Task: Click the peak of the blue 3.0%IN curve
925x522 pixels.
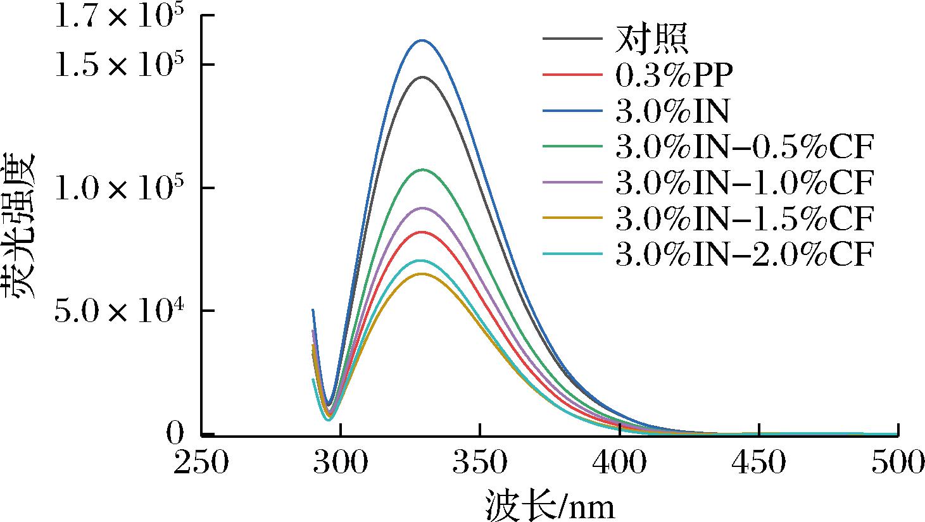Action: (x=422, y=40)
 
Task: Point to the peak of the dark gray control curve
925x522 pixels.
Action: (x=422, y=77)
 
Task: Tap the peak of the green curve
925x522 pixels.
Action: (x=422, y=170)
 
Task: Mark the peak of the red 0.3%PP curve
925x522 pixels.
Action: (x=422, y=232)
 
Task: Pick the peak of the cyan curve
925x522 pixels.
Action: (x=421, y=261)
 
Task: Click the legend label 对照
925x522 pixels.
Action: (x=651, y=39)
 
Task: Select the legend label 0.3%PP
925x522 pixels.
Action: (x=674, y=75)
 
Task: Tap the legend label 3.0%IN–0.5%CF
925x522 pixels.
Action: (x=745, y=147)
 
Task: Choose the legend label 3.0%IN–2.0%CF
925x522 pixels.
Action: (x=745, y=254)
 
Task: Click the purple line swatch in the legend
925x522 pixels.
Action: (x=572, y=182)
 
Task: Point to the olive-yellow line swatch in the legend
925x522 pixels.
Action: (x=572, y=218)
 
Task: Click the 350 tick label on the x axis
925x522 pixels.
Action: (x=480, y=463)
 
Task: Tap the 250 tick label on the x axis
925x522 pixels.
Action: (x=201, y=463)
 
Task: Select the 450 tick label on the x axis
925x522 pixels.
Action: (x=758, y=463)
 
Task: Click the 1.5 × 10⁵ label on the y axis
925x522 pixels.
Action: (x=119, y=64)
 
